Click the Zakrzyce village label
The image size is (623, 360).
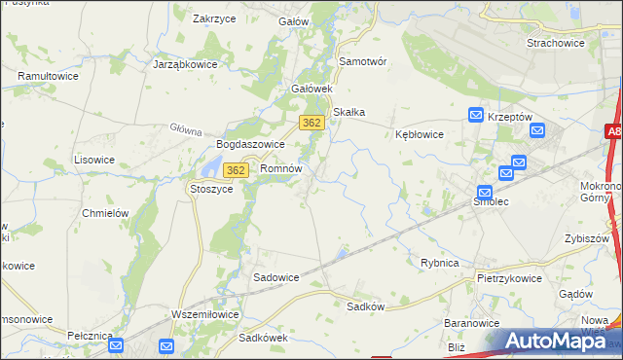[x=216, y=18]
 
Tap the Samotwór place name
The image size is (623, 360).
[x=362, y=60]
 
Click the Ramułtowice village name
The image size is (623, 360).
[x=48, y=75]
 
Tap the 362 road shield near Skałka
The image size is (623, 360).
[x=311, y=123]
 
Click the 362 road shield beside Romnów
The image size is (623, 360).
[x=234, y=170]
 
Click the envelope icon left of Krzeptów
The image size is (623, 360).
[x=475, y=115]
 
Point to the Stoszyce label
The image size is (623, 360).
[x=211, y=189]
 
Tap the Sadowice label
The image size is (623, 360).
[x=276, y=276]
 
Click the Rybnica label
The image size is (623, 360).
[x=439, y=263]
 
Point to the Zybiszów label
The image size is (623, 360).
[x=586, y=238]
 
